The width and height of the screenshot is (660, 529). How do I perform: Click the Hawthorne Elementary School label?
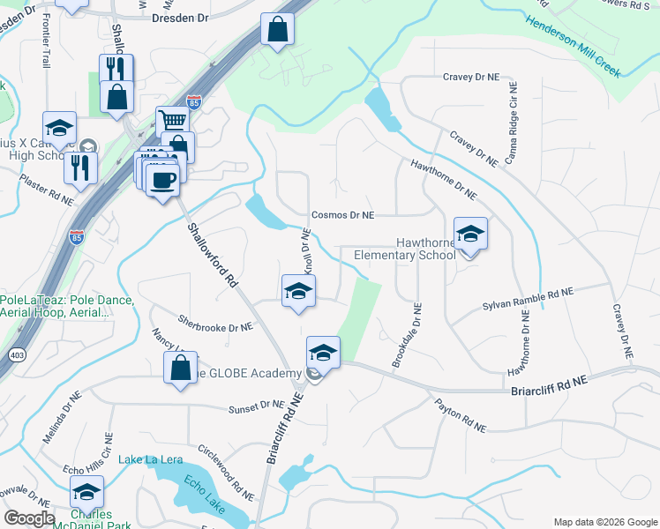coord(404,249)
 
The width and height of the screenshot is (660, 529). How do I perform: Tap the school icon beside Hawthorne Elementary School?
coord(470,235)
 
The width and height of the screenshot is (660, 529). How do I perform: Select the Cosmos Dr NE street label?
coord(342,215)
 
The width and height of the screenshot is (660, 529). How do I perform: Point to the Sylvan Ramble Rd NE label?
coord(528,298)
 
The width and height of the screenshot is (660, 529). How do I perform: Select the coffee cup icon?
coord(162,182)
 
